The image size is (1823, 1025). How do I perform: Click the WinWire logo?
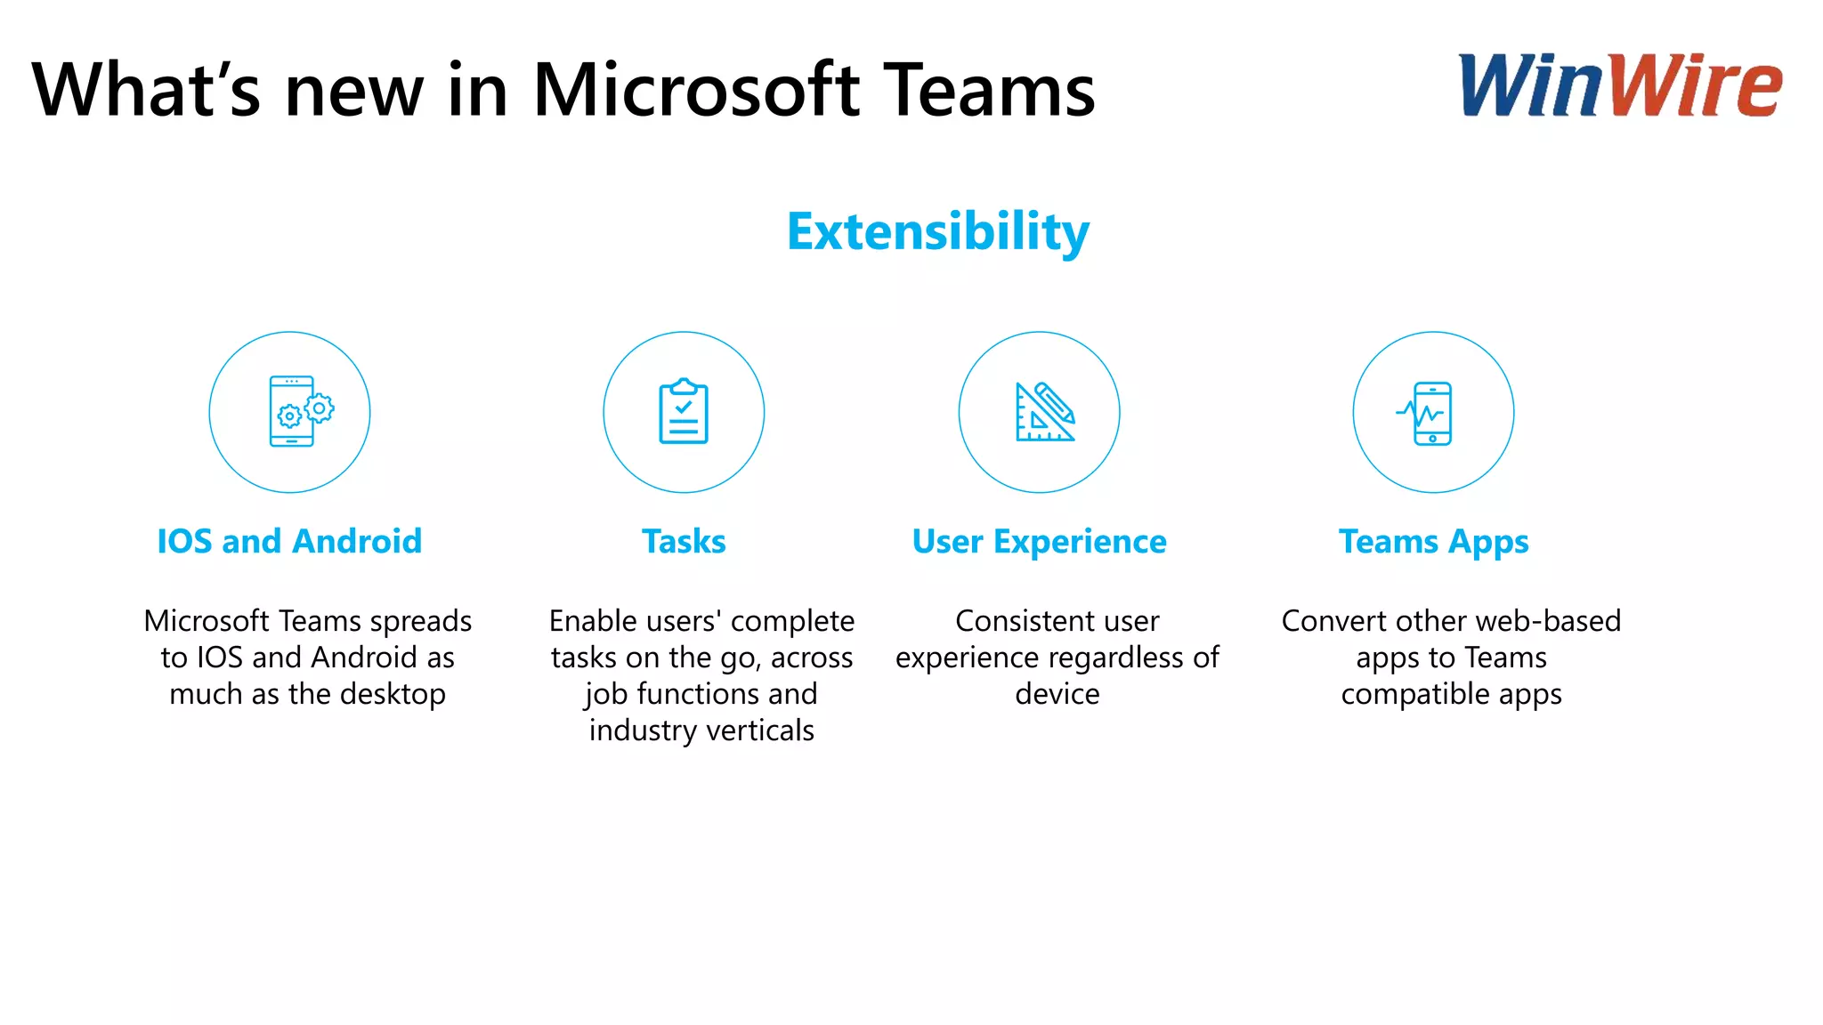(x=1620, y=85)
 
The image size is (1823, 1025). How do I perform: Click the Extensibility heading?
(x=938, y=231)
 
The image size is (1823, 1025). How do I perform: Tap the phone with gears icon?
(x=300, y=411)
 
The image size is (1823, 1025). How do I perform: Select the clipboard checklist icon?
(x=684, y=411)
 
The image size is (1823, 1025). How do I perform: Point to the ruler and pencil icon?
(x=1044, y=411)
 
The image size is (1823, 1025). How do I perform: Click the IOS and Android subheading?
(x=289, y=541)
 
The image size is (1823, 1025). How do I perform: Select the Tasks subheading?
(x=684, y=541)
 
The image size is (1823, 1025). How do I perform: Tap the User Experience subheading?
(x=1039, y=541)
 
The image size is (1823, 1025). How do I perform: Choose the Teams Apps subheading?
(x=1433, y=541)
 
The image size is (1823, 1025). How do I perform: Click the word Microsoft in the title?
(x=696, y=91)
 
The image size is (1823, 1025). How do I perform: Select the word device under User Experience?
(x=1057, y=694)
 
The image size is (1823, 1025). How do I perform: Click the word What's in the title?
(x=147, y=91)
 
